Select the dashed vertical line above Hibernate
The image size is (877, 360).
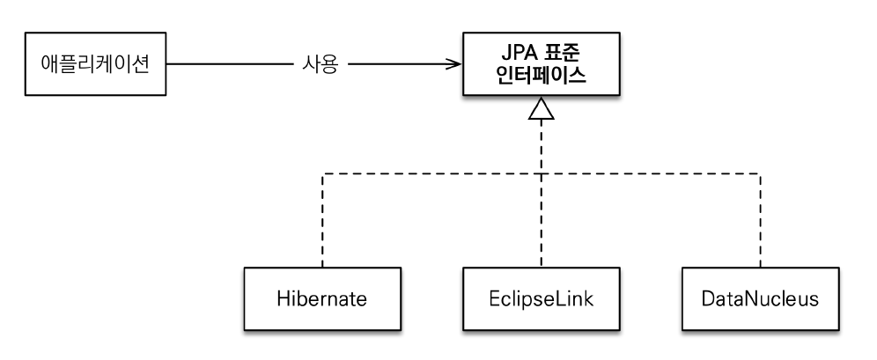click(323, 220)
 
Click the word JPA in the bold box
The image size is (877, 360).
click(512, 53)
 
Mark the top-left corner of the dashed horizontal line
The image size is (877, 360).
click(323, 173)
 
